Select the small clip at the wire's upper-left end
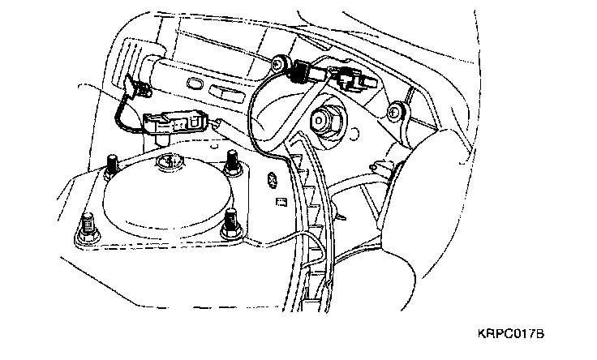click(x=134, y=84)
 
